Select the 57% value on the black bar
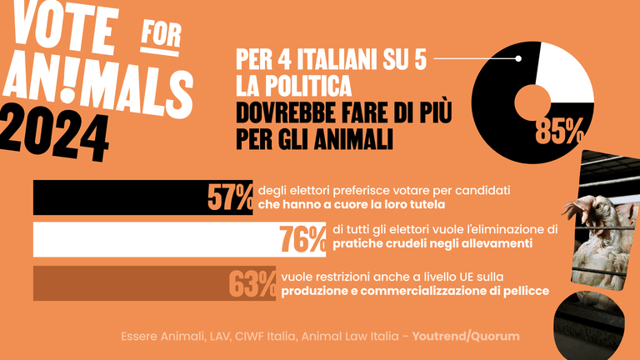[x=230, y=197]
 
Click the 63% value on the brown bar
[x=252, y=283]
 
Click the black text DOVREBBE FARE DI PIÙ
[x=342, y=111]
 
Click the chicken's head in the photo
[x=595, y=207]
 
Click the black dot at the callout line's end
[x=518, y=58]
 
